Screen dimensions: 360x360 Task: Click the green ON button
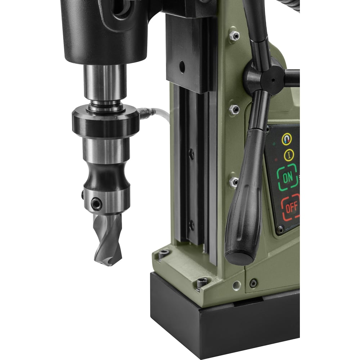coord(288,177)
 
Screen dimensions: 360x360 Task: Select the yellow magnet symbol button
coord(287,139)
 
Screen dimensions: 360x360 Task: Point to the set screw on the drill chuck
coord(96,203)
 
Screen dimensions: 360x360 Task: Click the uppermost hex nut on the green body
coord(234,36)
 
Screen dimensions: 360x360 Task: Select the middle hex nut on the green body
coord(234,109)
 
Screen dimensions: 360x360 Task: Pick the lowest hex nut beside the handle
coord(234,182)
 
